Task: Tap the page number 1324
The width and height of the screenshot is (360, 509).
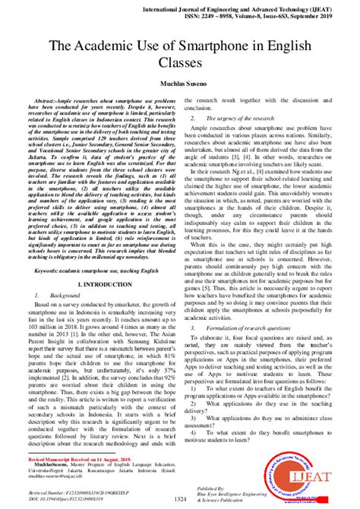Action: coord(179,498)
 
